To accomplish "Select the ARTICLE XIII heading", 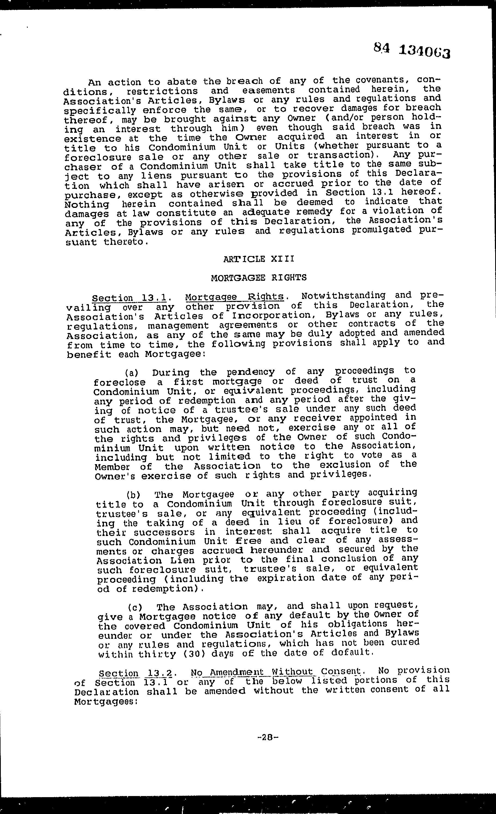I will pos(259,259).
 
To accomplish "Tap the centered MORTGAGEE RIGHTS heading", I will pos(259,277).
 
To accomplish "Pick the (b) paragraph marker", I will pos(133,495).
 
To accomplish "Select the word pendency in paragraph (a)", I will pos(251,372).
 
